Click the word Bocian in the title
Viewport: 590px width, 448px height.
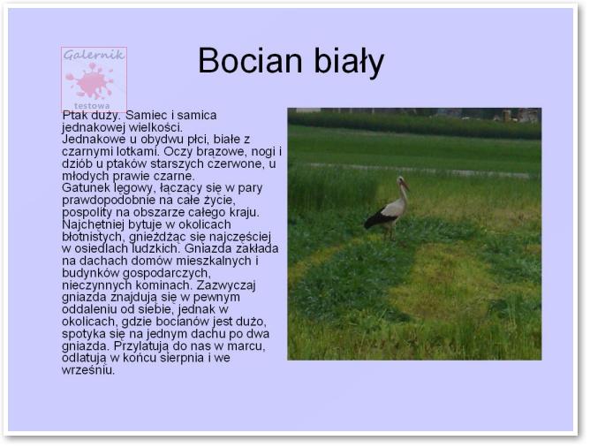[250, 60]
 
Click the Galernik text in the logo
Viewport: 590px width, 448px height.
[95, 55]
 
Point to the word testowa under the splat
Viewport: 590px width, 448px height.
[92, 106]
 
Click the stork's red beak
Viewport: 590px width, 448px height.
[406, 185]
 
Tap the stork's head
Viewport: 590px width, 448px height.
[401, 181]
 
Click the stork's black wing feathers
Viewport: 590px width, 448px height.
[378, 218]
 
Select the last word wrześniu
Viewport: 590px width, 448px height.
[88, 370]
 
